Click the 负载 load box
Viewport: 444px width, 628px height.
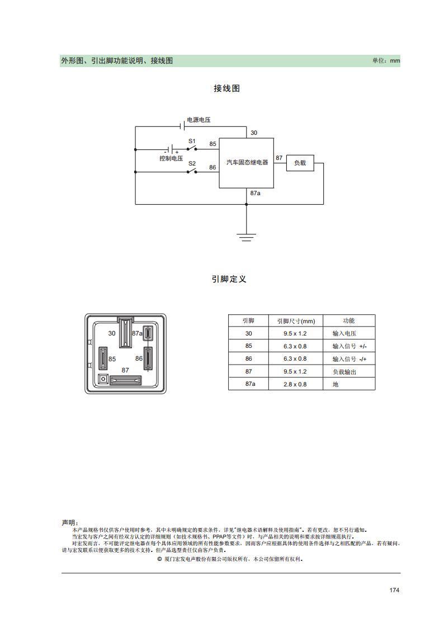(300, 163)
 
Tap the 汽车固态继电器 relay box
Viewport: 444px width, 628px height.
(246, 163)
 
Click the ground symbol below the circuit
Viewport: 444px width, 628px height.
(246, 237)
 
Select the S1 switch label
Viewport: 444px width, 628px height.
(192, 141)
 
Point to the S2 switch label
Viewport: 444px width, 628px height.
(192, 163)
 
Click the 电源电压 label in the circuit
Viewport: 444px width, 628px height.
(199, 120)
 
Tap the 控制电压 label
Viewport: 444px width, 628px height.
(171, 159)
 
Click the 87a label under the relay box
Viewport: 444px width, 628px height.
(256, 193)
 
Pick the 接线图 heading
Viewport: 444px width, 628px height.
(226, 88)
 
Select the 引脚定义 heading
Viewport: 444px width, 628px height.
(229, 279)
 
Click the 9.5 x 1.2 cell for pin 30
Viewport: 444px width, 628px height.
(295, 334)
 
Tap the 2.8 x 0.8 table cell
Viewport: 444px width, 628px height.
(295, 384)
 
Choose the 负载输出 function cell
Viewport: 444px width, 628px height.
(344, 372)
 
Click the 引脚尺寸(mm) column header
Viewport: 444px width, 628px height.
(296, 321)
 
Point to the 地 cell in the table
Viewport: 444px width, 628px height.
(336, 384)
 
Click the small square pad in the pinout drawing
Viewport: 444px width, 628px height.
(103, 379)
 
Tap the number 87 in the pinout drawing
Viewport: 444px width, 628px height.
(125, 370)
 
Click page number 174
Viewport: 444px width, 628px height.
(394, 590)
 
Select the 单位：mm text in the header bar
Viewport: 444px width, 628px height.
(386, 61)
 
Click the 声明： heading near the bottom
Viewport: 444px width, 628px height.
(70, 523)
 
